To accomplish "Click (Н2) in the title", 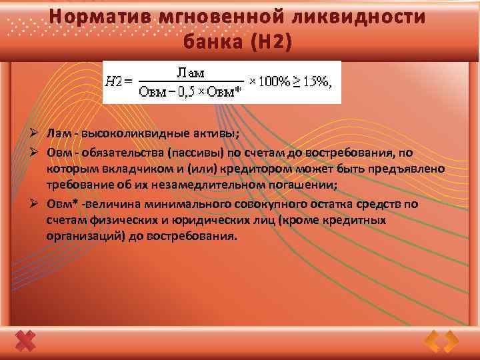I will click(x=271, y=43).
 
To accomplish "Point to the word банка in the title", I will click(x=215, y=43).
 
